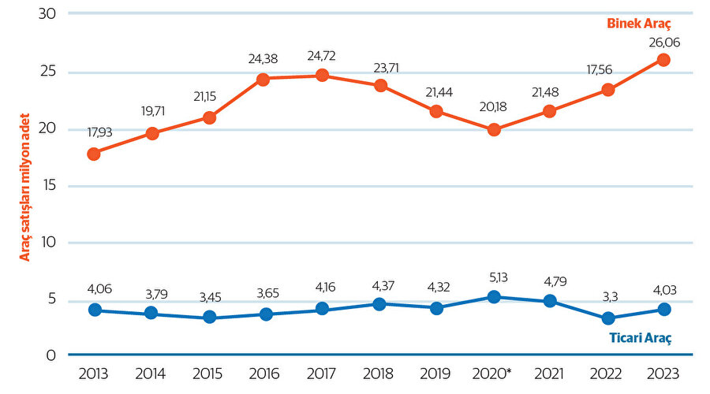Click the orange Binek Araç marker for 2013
[x=94, y=154]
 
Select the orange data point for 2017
[x=323, y=75]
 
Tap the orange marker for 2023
[x=664, y=60]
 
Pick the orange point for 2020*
[x=494, y=130]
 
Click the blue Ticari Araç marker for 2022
[x=607, y=318]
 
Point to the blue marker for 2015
[x=209, y=318]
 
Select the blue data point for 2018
[x=379, y=303]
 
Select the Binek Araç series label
[x=638, y=24]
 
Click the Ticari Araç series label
[x=640, y=338]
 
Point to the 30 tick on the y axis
[x=47, y=14]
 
